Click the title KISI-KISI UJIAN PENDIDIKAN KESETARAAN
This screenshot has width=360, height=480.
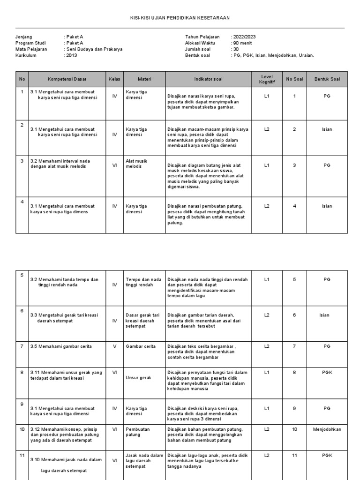point(180,18)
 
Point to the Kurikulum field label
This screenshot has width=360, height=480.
point(26,55)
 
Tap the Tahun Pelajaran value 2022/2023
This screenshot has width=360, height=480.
point(244,37)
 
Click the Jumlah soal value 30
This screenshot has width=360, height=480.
point(236,49)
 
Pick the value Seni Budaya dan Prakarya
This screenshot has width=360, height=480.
point(94,49)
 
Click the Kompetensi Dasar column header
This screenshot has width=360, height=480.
point(67,79)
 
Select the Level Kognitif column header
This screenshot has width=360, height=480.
point(267,79)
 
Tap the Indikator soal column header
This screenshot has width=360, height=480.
point(209,79)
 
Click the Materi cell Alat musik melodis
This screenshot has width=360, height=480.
point(136,164)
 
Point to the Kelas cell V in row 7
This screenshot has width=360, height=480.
point(114,346)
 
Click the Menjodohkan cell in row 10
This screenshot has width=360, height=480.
point(327,429)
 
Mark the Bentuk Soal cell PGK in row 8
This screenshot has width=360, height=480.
point(327,372)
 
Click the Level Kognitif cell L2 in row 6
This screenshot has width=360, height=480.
point(267,315)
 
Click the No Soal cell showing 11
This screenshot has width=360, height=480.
point(294,455)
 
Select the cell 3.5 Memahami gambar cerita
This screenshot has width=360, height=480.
point(61,346)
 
